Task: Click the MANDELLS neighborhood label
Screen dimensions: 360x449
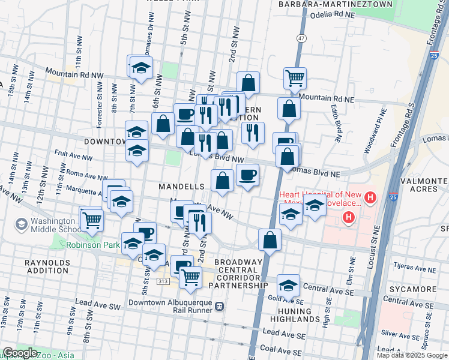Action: (x=182, y=187)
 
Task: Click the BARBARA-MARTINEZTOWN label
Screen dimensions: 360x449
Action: (x=335, y=4)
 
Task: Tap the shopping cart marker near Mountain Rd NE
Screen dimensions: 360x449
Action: (x=295, y=77)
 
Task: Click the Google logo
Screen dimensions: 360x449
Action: (x=20, y=353)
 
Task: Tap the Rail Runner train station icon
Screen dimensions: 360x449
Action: (x=220, y=306)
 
